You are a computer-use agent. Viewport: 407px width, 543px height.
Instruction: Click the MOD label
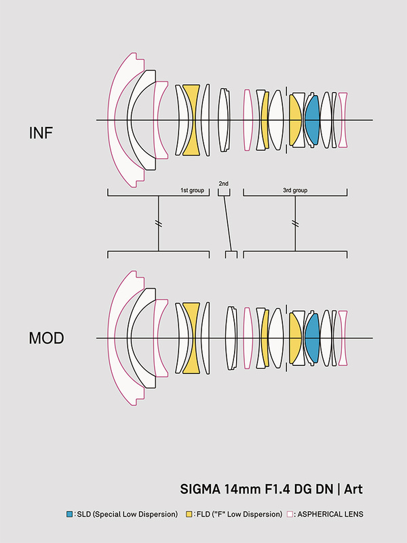(x=46, y=337)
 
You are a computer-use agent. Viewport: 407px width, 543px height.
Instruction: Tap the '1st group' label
(x=192, y=191)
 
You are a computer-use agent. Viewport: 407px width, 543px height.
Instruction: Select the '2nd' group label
(x=224, y=184)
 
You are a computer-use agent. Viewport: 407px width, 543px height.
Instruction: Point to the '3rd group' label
(x=294, y=191)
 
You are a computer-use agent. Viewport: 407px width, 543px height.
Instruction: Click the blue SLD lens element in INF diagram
(x=312, y=121)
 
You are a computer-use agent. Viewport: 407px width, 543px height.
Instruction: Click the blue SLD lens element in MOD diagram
(x=312, y=337)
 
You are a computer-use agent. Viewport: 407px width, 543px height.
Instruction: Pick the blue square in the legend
(x=70, y=514)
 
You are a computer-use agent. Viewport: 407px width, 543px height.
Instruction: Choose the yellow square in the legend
(x=188, y=514)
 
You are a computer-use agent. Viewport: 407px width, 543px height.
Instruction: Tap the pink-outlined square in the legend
(x=290, y=514)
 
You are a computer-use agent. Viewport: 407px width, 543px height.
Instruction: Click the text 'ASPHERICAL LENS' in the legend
(x=332, y=514)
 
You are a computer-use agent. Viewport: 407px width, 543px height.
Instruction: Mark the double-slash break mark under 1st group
(x=159, y=223)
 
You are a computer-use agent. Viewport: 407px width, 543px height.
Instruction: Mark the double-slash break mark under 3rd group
(x=295, y=223)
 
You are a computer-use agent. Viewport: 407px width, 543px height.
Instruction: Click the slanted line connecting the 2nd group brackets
(x=228, y=223)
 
